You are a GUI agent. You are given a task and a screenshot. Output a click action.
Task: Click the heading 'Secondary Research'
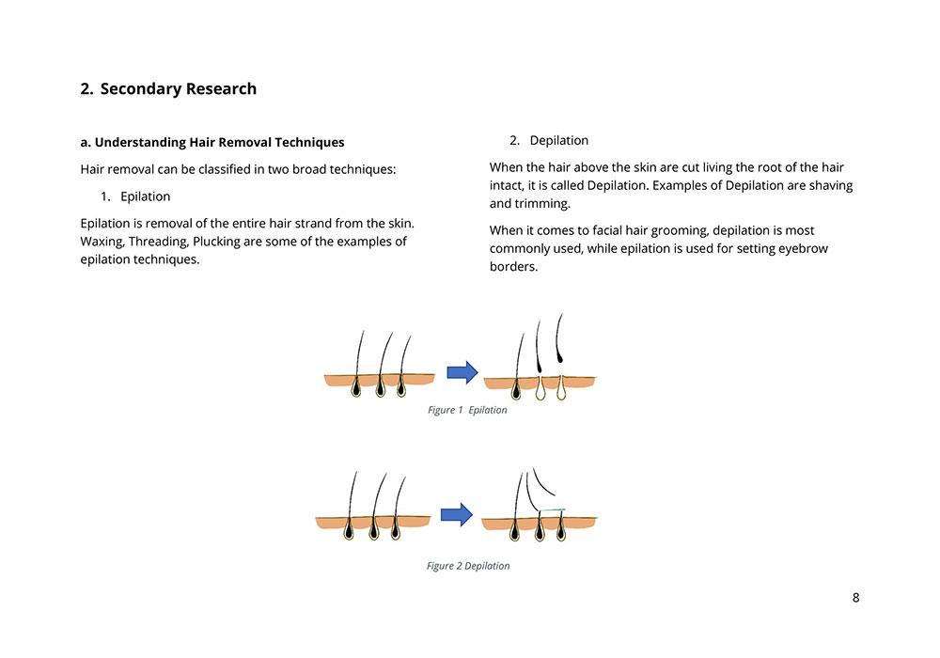point(178,89)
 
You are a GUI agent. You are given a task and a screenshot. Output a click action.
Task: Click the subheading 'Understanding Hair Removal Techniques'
point(219,143)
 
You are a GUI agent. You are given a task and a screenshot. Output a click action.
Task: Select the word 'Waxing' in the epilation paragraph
point(102,242)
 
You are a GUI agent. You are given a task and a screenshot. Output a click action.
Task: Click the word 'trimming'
point(542,203)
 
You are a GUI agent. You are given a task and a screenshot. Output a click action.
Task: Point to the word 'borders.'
point(513,266)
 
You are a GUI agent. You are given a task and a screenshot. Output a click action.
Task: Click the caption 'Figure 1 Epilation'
point(467,410)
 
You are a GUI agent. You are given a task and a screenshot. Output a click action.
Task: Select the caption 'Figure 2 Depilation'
point(468,566)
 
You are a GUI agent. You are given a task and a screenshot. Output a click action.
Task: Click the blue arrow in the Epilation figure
point(462,373)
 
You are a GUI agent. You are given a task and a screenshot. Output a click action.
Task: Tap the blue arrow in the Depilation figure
point(457,515)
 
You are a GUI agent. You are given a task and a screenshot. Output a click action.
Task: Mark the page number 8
point(855,598)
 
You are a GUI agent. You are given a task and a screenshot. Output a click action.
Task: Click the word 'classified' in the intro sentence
point(207,170)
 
